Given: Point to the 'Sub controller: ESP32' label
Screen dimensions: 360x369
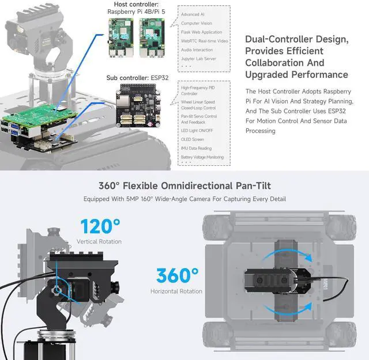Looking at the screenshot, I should (x=137, y=78).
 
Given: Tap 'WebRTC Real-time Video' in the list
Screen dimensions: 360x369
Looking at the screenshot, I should (x=204, y=41).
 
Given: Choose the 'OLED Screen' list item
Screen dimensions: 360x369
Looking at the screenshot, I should (x=193, y=139).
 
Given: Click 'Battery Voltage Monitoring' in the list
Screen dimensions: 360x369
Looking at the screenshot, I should (x=202, y=157).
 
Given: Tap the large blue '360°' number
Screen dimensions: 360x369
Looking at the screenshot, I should (x=176, y=275).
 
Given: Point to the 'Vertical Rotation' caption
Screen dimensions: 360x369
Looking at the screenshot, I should (x=99, y=241).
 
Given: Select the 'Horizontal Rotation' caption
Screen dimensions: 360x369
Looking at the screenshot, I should (x=176, y=291).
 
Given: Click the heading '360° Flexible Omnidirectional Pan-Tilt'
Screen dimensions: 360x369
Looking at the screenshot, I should (x=184, y=185).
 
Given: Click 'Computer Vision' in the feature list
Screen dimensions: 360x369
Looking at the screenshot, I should (x=196, y=23).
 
